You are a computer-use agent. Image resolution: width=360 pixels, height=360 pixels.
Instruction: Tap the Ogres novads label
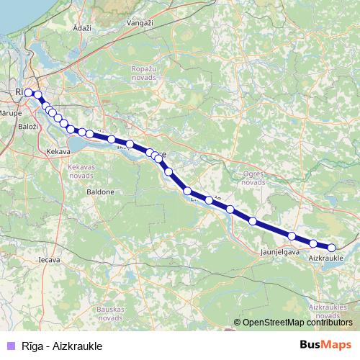click(253, 179)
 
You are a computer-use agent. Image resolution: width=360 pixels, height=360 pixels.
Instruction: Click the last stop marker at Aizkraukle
click(331, 248)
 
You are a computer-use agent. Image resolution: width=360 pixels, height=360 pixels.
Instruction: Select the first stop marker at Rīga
click(28, 93)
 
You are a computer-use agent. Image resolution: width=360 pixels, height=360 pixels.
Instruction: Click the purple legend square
click(9, 346)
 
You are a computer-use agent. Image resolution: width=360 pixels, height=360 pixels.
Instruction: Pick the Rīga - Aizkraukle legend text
click(62, 346)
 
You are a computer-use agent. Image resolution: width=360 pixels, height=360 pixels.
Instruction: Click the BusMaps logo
click(325, 346)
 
